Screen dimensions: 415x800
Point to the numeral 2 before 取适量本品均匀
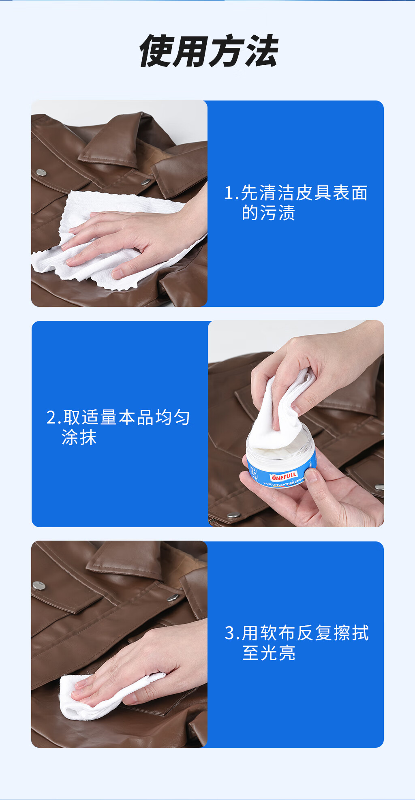pos(51,418)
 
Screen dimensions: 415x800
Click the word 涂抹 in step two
pos(79,437)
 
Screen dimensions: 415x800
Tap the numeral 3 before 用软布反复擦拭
pos(229,633)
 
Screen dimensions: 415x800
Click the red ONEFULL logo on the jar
pos(284,476)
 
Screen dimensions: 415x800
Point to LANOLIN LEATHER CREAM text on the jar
pos(284,482)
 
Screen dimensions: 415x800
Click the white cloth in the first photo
pos(109,239)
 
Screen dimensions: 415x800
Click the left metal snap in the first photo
pos(41,173)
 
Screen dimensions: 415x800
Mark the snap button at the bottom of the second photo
pos(233,516)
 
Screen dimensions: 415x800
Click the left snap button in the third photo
pos(39,585)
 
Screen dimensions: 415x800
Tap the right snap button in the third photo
pos(173,597)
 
